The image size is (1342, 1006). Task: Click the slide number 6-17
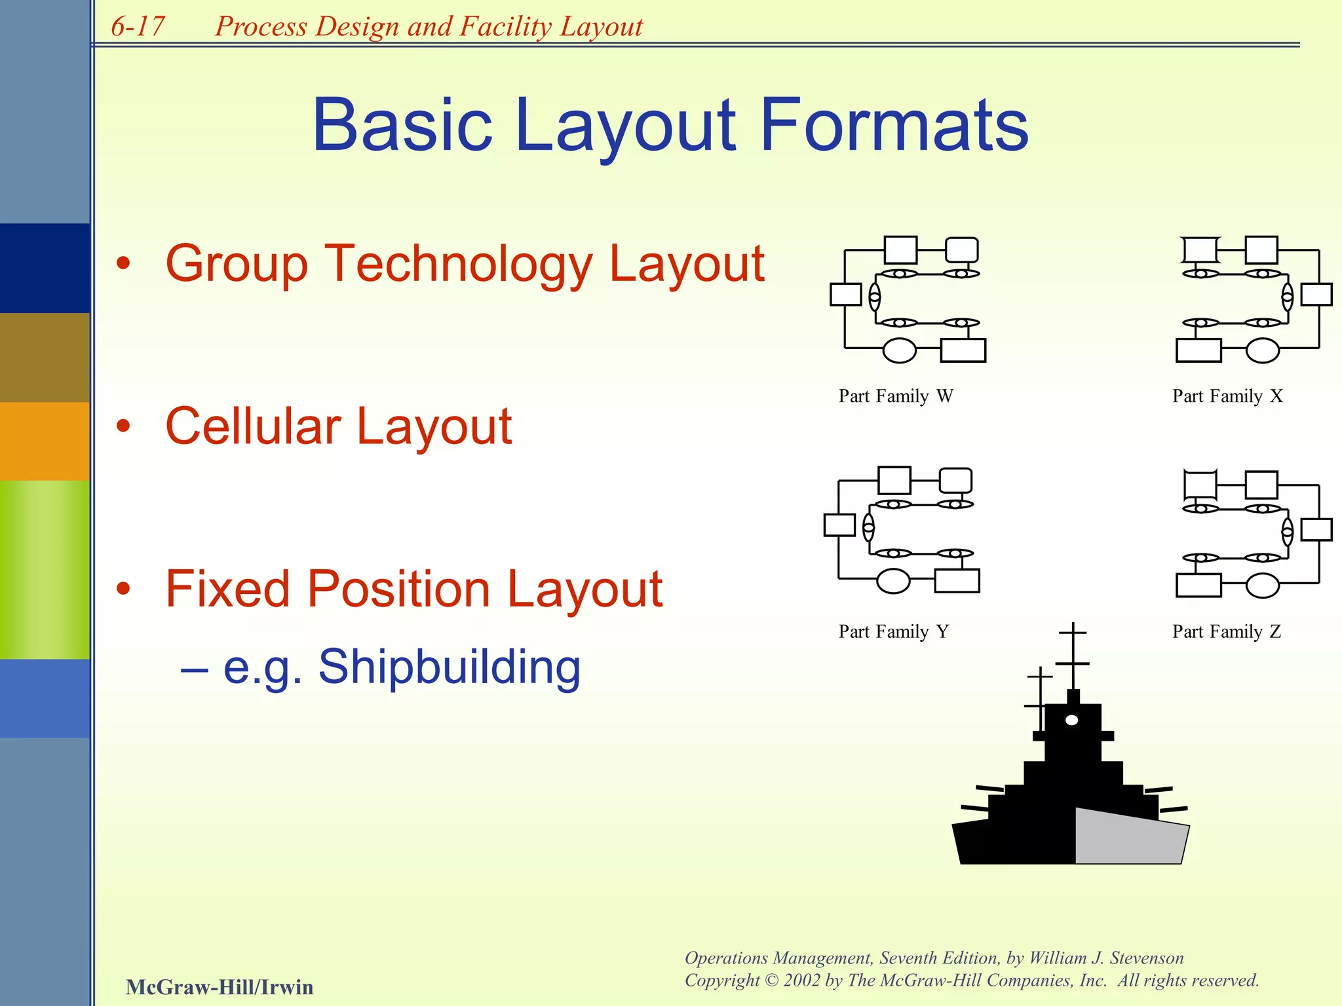(x=138, y=27)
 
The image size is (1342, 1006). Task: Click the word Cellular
(x=252, y=426)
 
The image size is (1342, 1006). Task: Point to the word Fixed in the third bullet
(x=226, y=589)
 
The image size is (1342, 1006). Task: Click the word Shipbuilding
(x=450, y=667)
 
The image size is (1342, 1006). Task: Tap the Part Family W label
(x=895, y=396)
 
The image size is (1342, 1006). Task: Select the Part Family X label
(x=1227, y=396)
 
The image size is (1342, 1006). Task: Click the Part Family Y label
(x=893, y=632)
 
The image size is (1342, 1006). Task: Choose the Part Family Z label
(x=1226, y=632)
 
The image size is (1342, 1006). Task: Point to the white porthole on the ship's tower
(x=1072, y=720)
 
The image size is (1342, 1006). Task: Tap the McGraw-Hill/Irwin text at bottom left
(x=220, y=987)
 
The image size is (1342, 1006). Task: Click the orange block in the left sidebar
(x=45, y=441)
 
